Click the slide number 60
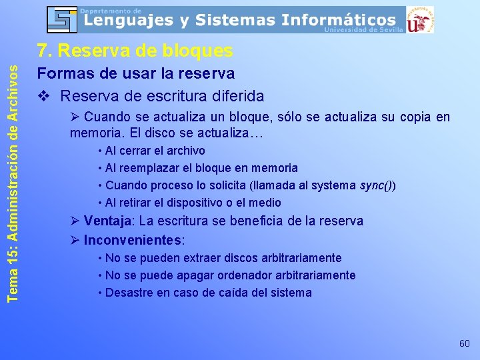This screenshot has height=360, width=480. [465, 343]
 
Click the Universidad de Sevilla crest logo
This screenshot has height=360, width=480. [419, 19]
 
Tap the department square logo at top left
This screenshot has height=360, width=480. [62, 19]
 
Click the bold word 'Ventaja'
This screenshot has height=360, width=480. [106, 221]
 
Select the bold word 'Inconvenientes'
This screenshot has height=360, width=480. [133, 239]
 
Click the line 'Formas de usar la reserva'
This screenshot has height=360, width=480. [135, 73]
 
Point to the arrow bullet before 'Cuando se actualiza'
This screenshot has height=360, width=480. [75, 118]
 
